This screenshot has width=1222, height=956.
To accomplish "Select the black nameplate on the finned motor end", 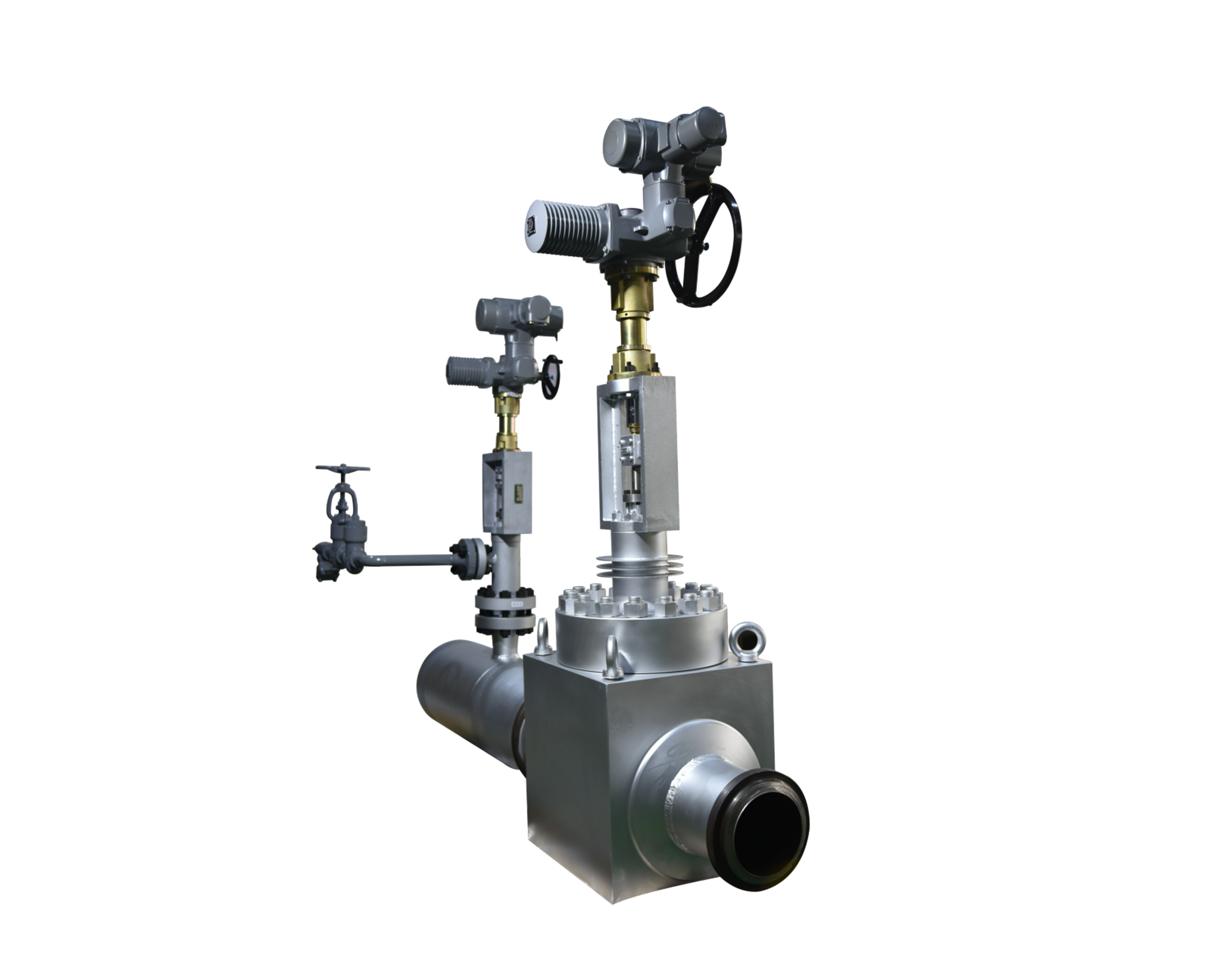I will point(531,227).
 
